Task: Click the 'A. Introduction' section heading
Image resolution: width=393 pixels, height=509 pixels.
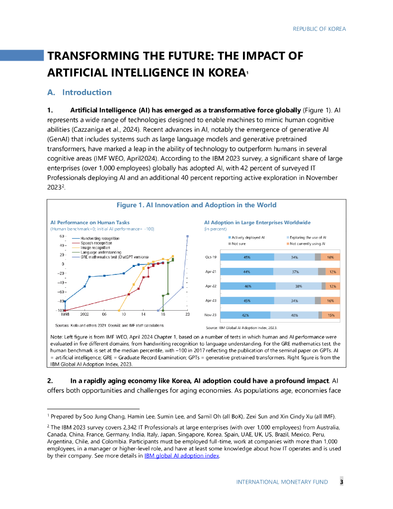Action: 79,92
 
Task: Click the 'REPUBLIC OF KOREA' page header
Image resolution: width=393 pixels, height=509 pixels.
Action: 319,29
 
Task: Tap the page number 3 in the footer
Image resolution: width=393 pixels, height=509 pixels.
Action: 342,482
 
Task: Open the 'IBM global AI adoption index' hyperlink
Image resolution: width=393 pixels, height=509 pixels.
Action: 181,456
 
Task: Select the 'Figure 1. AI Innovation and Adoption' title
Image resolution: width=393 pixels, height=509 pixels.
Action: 196,205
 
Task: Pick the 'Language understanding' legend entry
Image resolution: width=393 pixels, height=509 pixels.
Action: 99,252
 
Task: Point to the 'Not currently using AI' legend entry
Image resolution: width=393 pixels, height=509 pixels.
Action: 308,244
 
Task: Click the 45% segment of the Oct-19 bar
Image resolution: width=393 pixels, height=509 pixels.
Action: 247,257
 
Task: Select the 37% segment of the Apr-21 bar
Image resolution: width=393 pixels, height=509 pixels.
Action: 295,272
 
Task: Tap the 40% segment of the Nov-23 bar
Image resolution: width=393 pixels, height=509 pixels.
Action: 294,315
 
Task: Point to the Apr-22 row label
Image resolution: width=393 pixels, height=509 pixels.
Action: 211,286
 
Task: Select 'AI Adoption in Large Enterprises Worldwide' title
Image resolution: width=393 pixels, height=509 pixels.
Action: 257,222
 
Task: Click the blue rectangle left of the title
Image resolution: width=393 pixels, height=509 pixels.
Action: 22,55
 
